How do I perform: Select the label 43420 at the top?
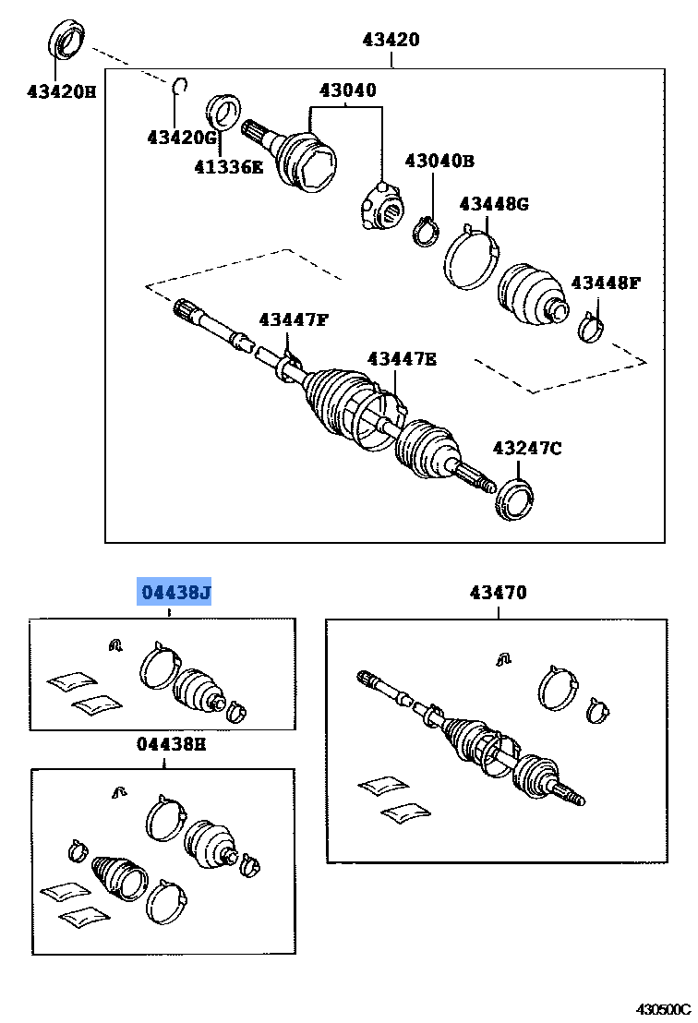(391, 40)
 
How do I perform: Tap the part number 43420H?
(61, 90)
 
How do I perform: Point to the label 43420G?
(181, 138)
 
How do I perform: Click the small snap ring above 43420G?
(181, 88)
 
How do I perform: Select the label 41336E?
(228, 167)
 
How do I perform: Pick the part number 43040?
(347, 90)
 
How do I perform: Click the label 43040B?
(439, 161)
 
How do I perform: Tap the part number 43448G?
(493, 203)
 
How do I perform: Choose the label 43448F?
(605, 282)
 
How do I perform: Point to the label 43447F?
(293, 319)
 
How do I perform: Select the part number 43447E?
(402, 358)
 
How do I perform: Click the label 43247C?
(526, 449)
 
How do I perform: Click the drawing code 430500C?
(662, 1010)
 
